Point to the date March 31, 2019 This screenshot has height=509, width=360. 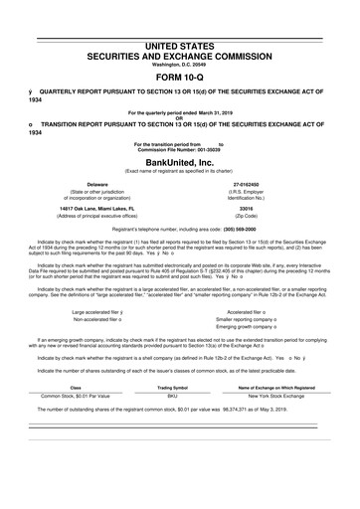pyautogui.click(x=228, y=113)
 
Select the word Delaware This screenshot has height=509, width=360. pyautogui.click(x=97, y=184)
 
